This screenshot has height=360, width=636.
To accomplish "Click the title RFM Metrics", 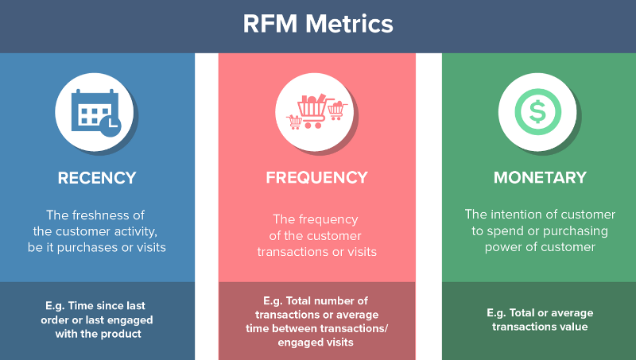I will (x=318, y=24).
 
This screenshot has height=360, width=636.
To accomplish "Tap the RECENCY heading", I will (x=97, y=178).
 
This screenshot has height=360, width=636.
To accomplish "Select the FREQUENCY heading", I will (x=316, y=178).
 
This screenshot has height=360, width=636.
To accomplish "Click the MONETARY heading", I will (x=540, y=178).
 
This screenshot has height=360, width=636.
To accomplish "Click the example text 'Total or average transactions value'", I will (x=540, y=319).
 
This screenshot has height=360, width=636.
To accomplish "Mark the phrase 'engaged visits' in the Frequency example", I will (x=316, y=343).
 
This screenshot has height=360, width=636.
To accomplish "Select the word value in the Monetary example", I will (x=576, y=327).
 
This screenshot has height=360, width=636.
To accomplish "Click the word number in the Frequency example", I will (x=347, y=300).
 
